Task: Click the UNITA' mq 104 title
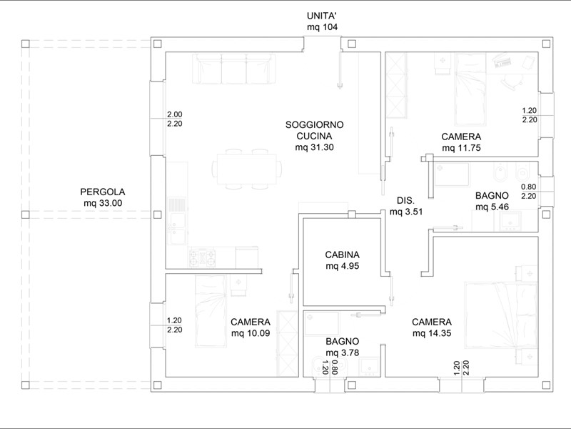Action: coord(322,21)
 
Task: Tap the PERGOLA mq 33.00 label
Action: coord(103,197)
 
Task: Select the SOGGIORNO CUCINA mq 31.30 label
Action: coord(314,136)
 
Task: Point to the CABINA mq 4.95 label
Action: coord(343,260)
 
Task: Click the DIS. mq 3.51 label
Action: coord(406,206)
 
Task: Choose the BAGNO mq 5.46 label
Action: coord(492,201)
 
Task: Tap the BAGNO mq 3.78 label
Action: coord(343,347)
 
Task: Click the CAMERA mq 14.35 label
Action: coord(432,327)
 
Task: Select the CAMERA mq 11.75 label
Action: coord(461,142)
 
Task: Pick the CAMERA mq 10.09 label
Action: coord(251,327)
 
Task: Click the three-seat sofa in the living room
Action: coord(234,69)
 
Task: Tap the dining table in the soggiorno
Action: coord(247,169)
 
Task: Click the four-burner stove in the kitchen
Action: coord(202,257)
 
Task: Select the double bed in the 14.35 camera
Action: coord(501,315)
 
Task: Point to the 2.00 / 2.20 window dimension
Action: coord(175,119)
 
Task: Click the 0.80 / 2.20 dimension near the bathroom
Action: coord(529,192)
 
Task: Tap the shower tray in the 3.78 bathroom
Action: coord(322,324)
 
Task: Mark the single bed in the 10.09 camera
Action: coord(211,311)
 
